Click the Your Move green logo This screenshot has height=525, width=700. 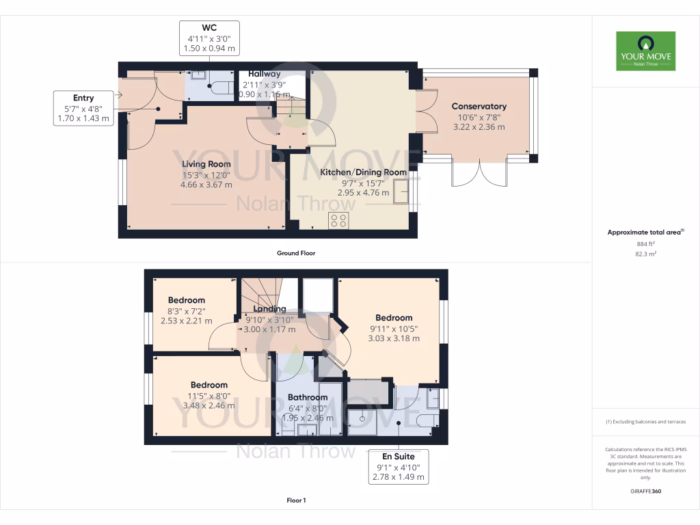[645, 51]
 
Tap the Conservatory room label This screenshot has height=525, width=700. [479, 107]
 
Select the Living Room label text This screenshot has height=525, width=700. [206, 164]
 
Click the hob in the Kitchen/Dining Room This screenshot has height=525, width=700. [338, 221]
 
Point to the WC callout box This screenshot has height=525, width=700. [209, 38]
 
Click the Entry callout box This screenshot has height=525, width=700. [83, 108]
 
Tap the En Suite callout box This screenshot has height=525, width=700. [398, 466]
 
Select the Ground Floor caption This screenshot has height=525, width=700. [295, 253]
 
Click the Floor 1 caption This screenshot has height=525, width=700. [295, 501]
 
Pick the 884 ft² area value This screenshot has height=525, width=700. [645, 243]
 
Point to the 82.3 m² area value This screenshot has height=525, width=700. [645, 254]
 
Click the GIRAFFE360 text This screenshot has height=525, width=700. [645, 492]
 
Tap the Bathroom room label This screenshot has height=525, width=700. [308, 397]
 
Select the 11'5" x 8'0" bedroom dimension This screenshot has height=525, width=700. [208, 395]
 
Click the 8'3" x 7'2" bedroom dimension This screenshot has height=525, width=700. [186, 310]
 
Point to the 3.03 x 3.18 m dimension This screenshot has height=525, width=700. [394, 338]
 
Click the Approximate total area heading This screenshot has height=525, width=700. [645, 232]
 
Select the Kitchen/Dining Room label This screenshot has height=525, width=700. [364, 172]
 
